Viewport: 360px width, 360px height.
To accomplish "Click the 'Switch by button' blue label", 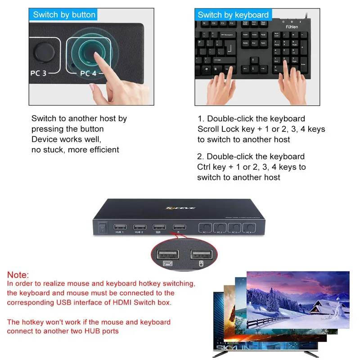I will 64,14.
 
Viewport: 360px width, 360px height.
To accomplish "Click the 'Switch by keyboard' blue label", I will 233,14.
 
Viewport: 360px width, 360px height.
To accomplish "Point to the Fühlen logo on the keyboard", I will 291,27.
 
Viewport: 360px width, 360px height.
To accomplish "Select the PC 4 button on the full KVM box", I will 248,228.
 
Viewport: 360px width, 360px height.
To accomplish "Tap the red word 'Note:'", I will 18,275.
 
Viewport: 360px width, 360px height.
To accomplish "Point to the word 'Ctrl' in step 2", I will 205,167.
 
